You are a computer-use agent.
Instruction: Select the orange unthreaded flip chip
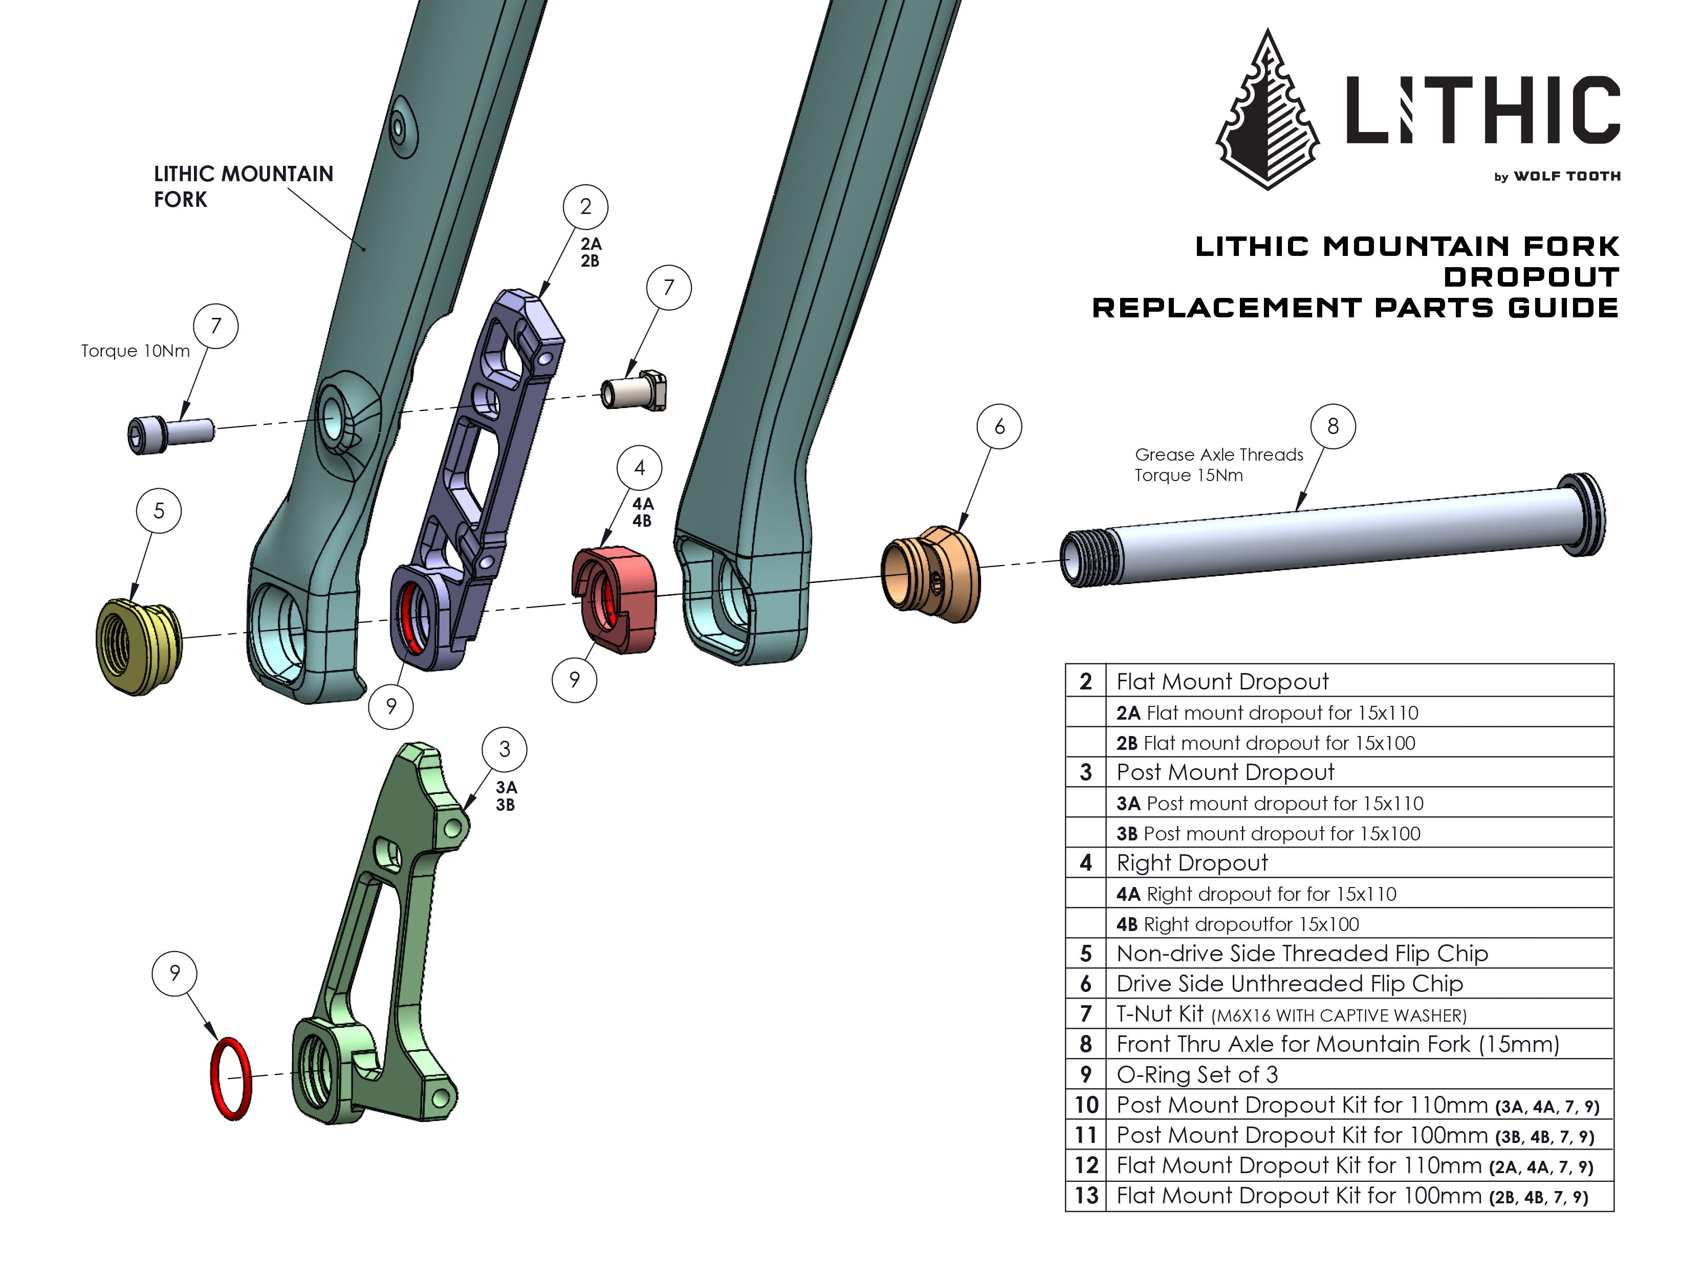pyautogui.click(x=930, y=574)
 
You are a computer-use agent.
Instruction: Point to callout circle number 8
pyautogui.click(x=1332, y=426)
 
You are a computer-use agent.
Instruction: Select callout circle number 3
pyautogui.click(x=504, y=749)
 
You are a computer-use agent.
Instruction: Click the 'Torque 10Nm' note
pyautogui.click(x=136, y=351)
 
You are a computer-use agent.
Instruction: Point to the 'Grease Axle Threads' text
pyautogui.click(x=1218, y=455)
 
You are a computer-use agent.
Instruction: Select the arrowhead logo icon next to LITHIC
pyautogui.click(x=1268, y=110)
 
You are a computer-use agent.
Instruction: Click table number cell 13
pyautogui.click(x=1086, y=1196)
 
